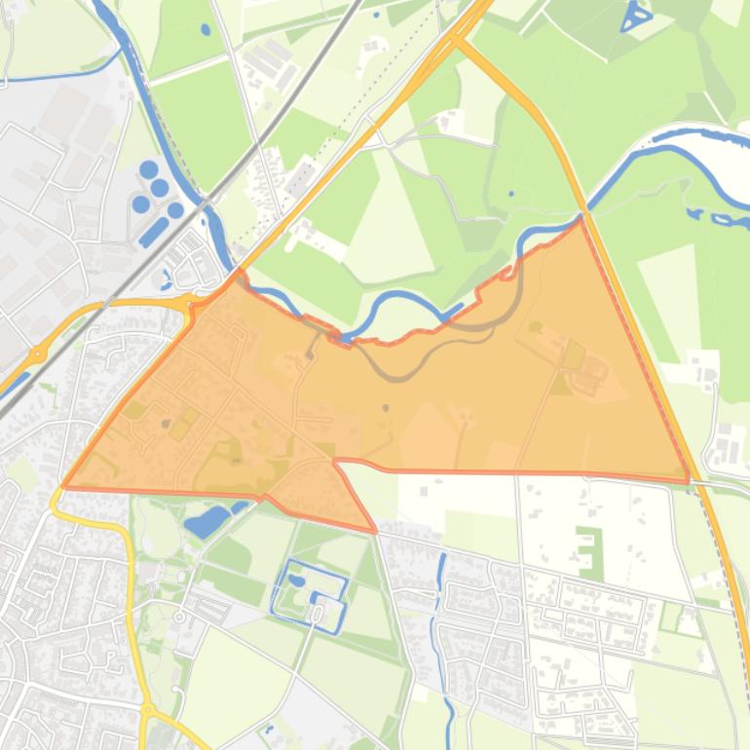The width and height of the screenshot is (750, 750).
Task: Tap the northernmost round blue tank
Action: coord(149,169)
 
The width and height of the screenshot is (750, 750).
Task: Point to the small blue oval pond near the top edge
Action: coord(206,30)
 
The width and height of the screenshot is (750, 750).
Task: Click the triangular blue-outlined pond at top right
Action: coord(638,16)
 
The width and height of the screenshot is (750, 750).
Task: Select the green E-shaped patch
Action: coord(588,551)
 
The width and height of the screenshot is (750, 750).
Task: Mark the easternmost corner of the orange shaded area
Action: coord(688,477)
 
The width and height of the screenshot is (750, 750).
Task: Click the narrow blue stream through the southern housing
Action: coord(444,623)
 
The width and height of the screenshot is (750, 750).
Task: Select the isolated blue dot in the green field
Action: coord(512,193)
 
